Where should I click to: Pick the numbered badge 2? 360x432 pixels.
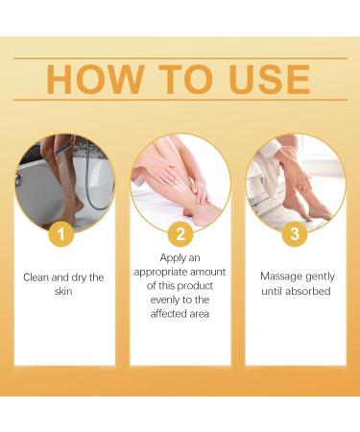tap(180, 233)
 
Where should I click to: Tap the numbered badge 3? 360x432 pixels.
tap(295, 233)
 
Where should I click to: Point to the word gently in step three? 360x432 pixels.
tap(323, 276)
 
